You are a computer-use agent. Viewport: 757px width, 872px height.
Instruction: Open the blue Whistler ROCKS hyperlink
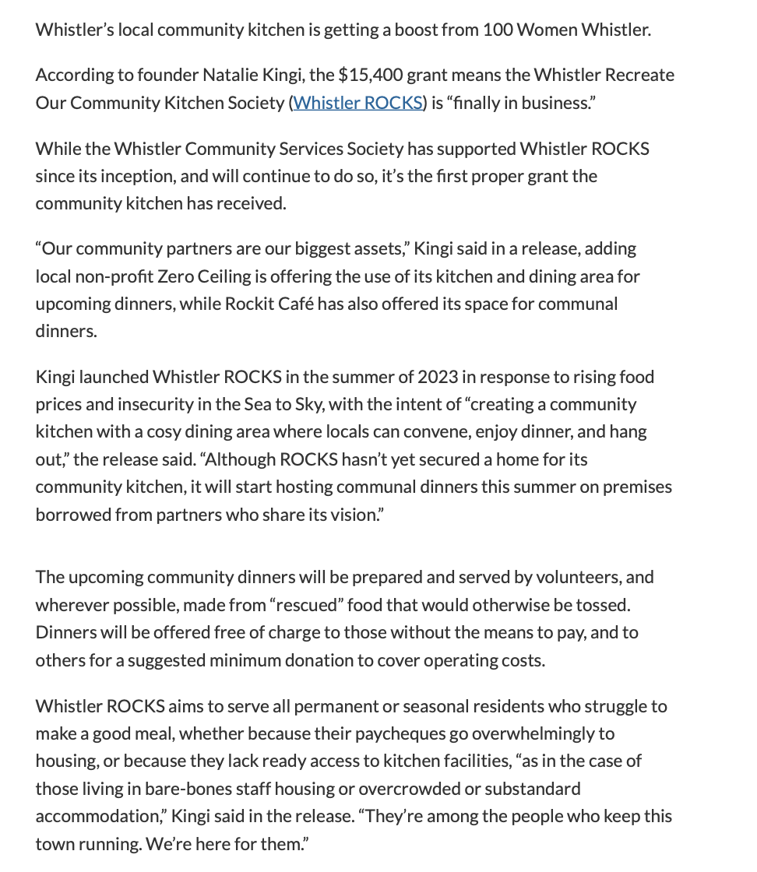pos(357,102)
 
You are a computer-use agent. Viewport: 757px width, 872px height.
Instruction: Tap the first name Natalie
pos(231,75)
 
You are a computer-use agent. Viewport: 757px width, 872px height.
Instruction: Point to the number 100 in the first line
pos(498,30)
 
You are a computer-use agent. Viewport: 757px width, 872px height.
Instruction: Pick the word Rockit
pos(252,303)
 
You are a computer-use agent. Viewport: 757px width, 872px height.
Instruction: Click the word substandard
pos(533,788)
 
